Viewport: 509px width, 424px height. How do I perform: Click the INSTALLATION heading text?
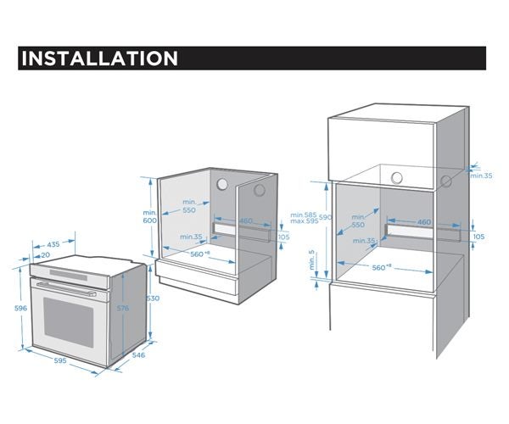[98, 59]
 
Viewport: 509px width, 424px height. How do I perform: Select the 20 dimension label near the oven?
[44, 255]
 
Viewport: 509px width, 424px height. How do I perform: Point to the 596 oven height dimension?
[8, 309]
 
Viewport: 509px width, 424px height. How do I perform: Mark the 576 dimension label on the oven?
[123, 309]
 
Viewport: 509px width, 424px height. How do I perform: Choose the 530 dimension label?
[152, 298]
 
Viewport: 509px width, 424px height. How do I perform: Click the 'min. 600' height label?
[150, 215]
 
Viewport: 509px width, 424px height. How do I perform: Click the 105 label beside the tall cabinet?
[479, 237]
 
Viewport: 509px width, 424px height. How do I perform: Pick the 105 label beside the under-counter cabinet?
[283, 237]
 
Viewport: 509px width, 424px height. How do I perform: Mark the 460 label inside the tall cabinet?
[424, 222]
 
